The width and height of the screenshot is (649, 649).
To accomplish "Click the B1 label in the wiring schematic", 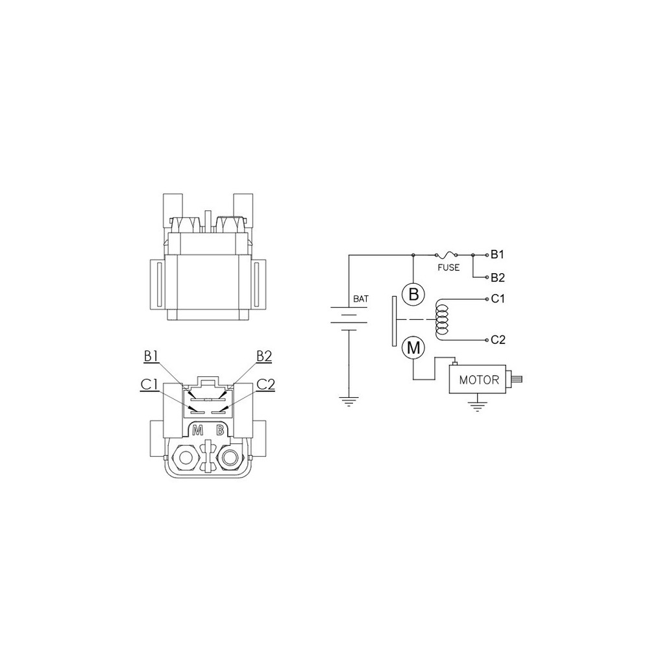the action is pyautogui.click(x=497, y=254).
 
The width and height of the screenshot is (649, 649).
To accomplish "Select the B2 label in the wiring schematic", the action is pyautogui.click(x=498, y=278).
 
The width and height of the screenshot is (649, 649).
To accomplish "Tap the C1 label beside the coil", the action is pyautogui.click(x=498, y=299).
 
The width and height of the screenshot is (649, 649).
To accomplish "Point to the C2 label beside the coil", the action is pyautogui.click(x=498, y=340).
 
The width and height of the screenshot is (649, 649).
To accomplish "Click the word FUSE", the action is pyautogui.click(x=448, y=267).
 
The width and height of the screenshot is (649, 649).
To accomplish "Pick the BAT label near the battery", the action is pyautogui.click(x=361, y=299).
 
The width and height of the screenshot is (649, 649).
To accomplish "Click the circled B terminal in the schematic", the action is pyautogui.click(x=413, y=294).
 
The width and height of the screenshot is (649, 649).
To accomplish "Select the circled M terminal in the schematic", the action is pyautogui.click(x=413, y=348).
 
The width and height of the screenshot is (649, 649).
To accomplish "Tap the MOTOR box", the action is pyautogui.click(x=478, y=379).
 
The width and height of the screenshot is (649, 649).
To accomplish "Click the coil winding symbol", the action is pyautogui.click(x=441, y=319).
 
